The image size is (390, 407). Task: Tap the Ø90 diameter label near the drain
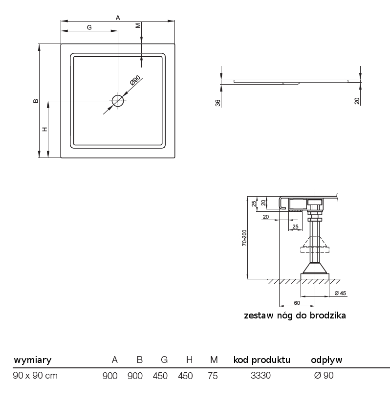(x=135, y=80)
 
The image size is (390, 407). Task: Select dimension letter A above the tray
(x=118, y=18)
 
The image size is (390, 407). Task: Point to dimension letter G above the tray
(x=89, y=27)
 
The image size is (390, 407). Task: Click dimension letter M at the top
(x=138, y=25)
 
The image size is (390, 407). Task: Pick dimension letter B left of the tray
(x=36, y=101)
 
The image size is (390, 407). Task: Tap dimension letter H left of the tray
(x=45, y=129)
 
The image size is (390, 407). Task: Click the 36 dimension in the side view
(x=218, y=103)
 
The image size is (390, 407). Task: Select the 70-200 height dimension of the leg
(x=244, y=238)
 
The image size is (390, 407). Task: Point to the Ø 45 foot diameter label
(x=340, y=293)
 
